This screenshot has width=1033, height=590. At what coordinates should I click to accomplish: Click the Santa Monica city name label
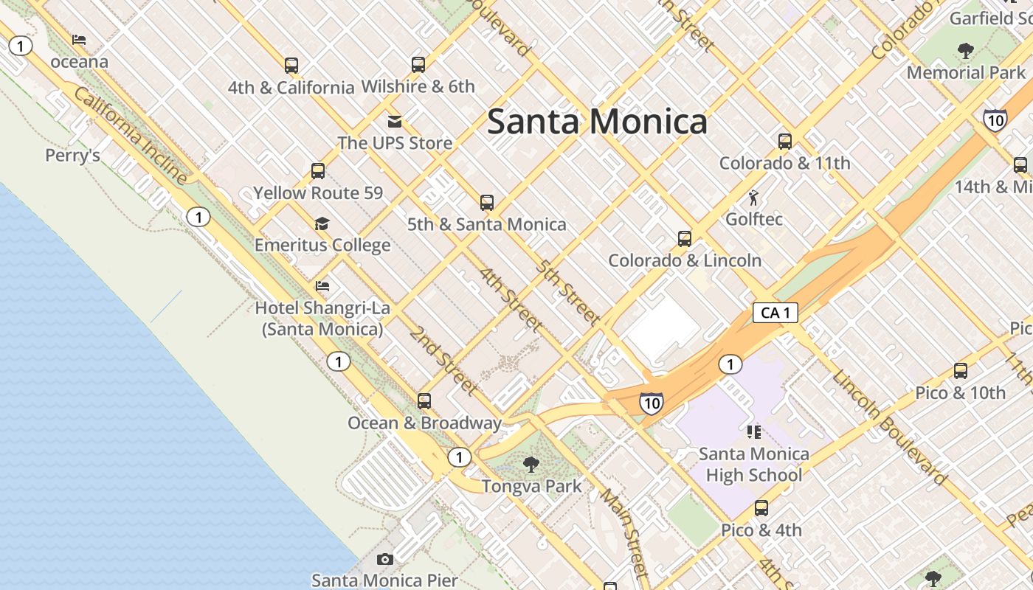(x=597, y=122)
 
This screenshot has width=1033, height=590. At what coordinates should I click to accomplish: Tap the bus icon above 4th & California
(x=291, y=66)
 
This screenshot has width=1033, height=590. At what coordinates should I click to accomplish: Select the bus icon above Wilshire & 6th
(x=418, y=65)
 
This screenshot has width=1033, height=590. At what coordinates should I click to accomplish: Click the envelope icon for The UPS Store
(x=395, y=121)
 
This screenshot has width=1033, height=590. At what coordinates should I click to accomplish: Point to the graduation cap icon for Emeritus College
(x=322, y=223)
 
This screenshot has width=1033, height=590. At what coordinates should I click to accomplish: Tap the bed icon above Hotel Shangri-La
(x=322, y=286)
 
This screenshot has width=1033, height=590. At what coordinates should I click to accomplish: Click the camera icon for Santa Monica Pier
(x=384, y=559)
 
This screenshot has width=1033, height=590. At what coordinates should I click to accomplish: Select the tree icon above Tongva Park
(x=531, y=464)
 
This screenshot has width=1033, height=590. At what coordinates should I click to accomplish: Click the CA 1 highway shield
(x=775, y=313)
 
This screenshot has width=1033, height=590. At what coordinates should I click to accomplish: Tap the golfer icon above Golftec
(x=753, y=198)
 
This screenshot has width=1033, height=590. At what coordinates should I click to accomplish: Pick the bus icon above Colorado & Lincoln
(x=685, y=239)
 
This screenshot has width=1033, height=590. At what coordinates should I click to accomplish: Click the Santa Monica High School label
(x=753, y=464)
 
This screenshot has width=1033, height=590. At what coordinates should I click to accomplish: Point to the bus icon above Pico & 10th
(x=961, y=371)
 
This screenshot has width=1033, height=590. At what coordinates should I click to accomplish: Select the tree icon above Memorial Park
(x=965, y=51)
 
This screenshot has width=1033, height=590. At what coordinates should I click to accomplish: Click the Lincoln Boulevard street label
(x=889, y=428)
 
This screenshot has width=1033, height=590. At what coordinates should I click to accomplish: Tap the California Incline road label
(x=131, y=136)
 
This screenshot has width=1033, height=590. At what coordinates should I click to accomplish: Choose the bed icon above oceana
(x=79, y=40)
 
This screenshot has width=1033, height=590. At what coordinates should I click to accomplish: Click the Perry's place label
(x=72, y=156)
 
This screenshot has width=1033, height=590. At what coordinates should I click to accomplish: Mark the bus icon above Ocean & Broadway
(x=424, y=401)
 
